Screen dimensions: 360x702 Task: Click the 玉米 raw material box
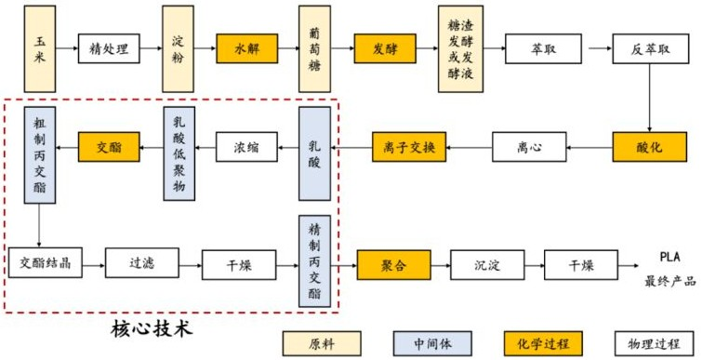pos(40,47)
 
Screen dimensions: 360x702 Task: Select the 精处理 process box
pos(109,47)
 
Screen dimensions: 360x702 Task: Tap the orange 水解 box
pos(247,47)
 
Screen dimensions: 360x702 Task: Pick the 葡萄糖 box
pos(315,47)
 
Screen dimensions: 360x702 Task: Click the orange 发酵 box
pos(384,47)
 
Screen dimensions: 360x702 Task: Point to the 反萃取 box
pos(643,47)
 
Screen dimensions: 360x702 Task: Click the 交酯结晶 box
pos(44,264)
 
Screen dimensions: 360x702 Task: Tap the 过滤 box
pos(142,264)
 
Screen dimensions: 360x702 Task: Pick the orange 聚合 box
pos(392,264)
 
